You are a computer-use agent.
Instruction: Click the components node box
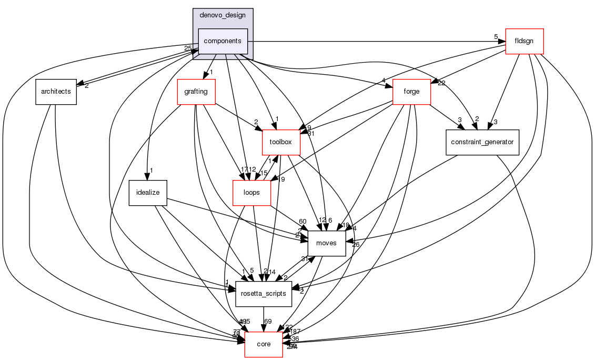[223, 41]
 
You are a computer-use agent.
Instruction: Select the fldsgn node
[524, 41]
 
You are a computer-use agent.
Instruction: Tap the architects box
[56, 92]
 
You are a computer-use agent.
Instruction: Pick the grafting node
[196, 92]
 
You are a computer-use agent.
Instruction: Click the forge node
[411, 92]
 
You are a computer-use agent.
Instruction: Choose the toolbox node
[281, 142]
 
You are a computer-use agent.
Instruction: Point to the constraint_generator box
[482, 142]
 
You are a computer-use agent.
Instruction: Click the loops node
[251, 193]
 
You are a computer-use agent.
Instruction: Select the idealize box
[148, 193]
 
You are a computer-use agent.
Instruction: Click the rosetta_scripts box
[263, 294]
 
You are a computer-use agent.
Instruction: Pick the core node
[263, 344]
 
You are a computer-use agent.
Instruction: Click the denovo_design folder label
[223, 15]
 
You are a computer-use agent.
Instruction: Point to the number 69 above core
[268, 322]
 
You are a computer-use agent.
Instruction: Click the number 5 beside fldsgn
[496, 37]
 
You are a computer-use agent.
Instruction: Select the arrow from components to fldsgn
[376, 41]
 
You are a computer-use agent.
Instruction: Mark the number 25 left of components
[187, 48]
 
